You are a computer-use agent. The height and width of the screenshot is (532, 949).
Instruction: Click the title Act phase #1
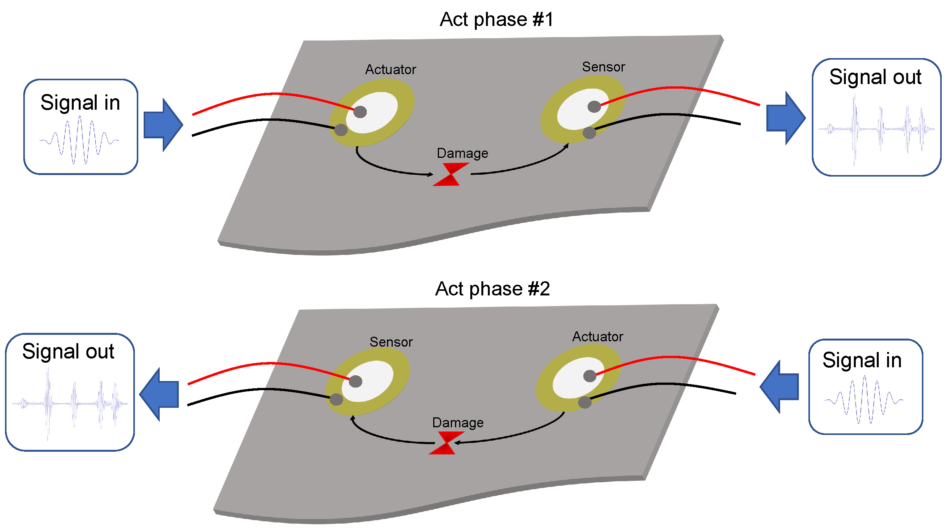[x=496, y=19]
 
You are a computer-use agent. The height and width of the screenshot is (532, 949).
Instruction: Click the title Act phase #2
[x=492, y=289]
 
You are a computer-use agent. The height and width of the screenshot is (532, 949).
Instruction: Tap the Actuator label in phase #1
[x=390, y=70]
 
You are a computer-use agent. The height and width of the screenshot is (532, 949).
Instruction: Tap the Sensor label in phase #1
[x=603, y=67]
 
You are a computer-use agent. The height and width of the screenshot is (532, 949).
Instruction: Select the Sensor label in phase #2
[x=391, y=342]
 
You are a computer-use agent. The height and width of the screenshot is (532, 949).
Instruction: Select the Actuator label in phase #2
[x=598, y=337]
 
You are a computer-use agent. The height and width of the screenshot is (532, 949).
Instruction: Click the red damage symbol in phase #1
[x=451, y=175]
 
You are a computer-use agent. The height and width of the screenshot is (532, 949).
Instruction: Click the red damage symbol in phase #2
[x=447, y=443]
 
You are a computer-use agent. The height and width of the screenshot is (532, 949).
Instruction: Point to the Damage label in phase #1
[x=462, y=153]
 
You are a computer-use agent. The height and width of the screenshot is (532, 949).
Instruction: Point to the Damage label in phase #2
[x=458, y=423]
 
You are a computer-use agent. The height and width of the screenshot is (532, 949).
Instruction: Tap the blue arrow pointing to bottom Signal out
[x=159, y=394]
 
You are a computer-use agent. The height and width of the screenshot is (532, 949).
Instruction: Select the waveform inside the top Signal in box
[x=79, y=141]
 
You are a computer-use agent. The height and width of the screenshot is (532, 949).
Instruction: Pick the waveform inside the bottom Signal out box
[x=70, y=403]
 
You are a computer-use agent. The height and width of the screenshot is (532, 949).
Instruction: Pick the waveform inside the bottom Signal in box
[x=863, y=400]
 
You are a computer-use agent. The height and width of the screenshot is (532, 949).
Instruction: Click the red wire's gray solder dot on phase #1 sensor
[x=594, y=107]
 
